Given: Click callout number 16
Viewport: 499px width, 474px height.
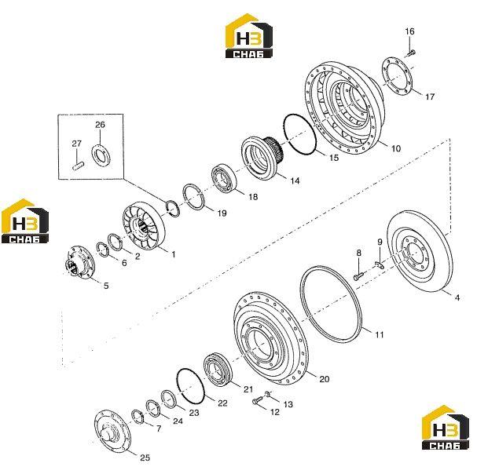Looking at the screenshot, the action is (x=409, y=31).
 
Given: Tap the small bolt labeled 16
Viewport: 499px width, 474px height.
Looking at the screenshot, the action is (x=411, y=53).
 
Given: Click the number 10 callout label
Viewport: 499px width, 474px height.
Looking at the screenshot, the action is (x=395, y=148).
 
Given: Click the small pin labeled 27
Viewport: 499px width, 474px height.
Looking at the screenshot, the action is (x=78, y=166).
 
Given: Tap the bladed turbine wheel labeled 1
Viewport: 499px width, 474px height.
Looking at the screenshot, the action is (x=144, y=225).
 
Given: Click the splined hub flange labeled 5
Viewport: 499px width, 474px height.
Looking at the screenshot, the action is (x=79, y=261).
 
